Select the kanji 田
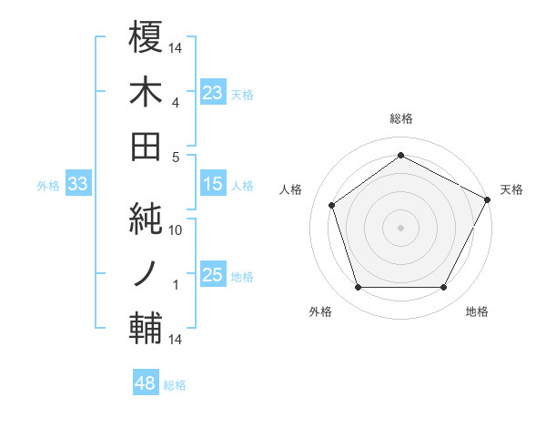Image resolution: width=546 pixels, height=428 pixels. (x=146, y=146)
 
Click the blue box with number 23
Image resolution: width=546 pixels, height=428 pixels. (x=213, y=92)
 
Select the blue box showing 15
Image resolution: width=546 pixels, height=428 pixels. (x=213, y=185)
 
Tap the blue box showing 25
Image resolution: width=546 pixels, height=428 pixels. (x=213, y=276)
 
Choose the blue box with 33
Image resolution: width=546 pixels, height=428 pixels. (x=77, y=185)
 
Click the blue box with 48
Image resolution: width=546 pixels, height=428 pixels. (x=146, y=383)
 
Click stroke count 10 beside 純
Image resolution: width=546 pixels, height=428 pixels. (x=177, y=230)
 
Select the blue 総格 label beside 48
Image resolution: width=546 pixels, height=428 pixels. (x=175, y=385)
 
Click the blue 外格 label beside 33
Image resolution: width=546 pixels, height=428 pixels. (x=48, y=186)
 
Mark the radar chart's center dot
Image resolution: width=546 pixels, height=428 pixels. (x=400, y=226)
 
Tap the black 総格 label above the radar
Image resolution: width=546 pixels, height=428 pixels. (x=400, y=119)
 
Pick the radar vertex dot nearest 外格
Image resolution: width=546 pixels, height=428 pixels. (x=358, y=288)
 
